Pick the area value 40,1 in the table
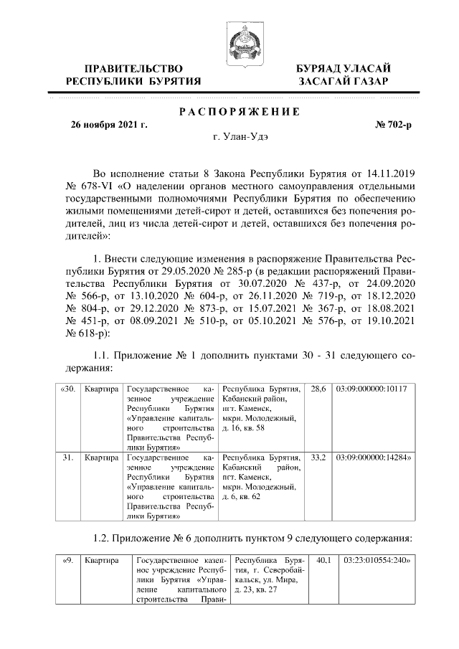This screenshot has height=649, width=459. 323,559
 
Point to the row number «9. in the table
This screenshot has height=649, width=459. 67,559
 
